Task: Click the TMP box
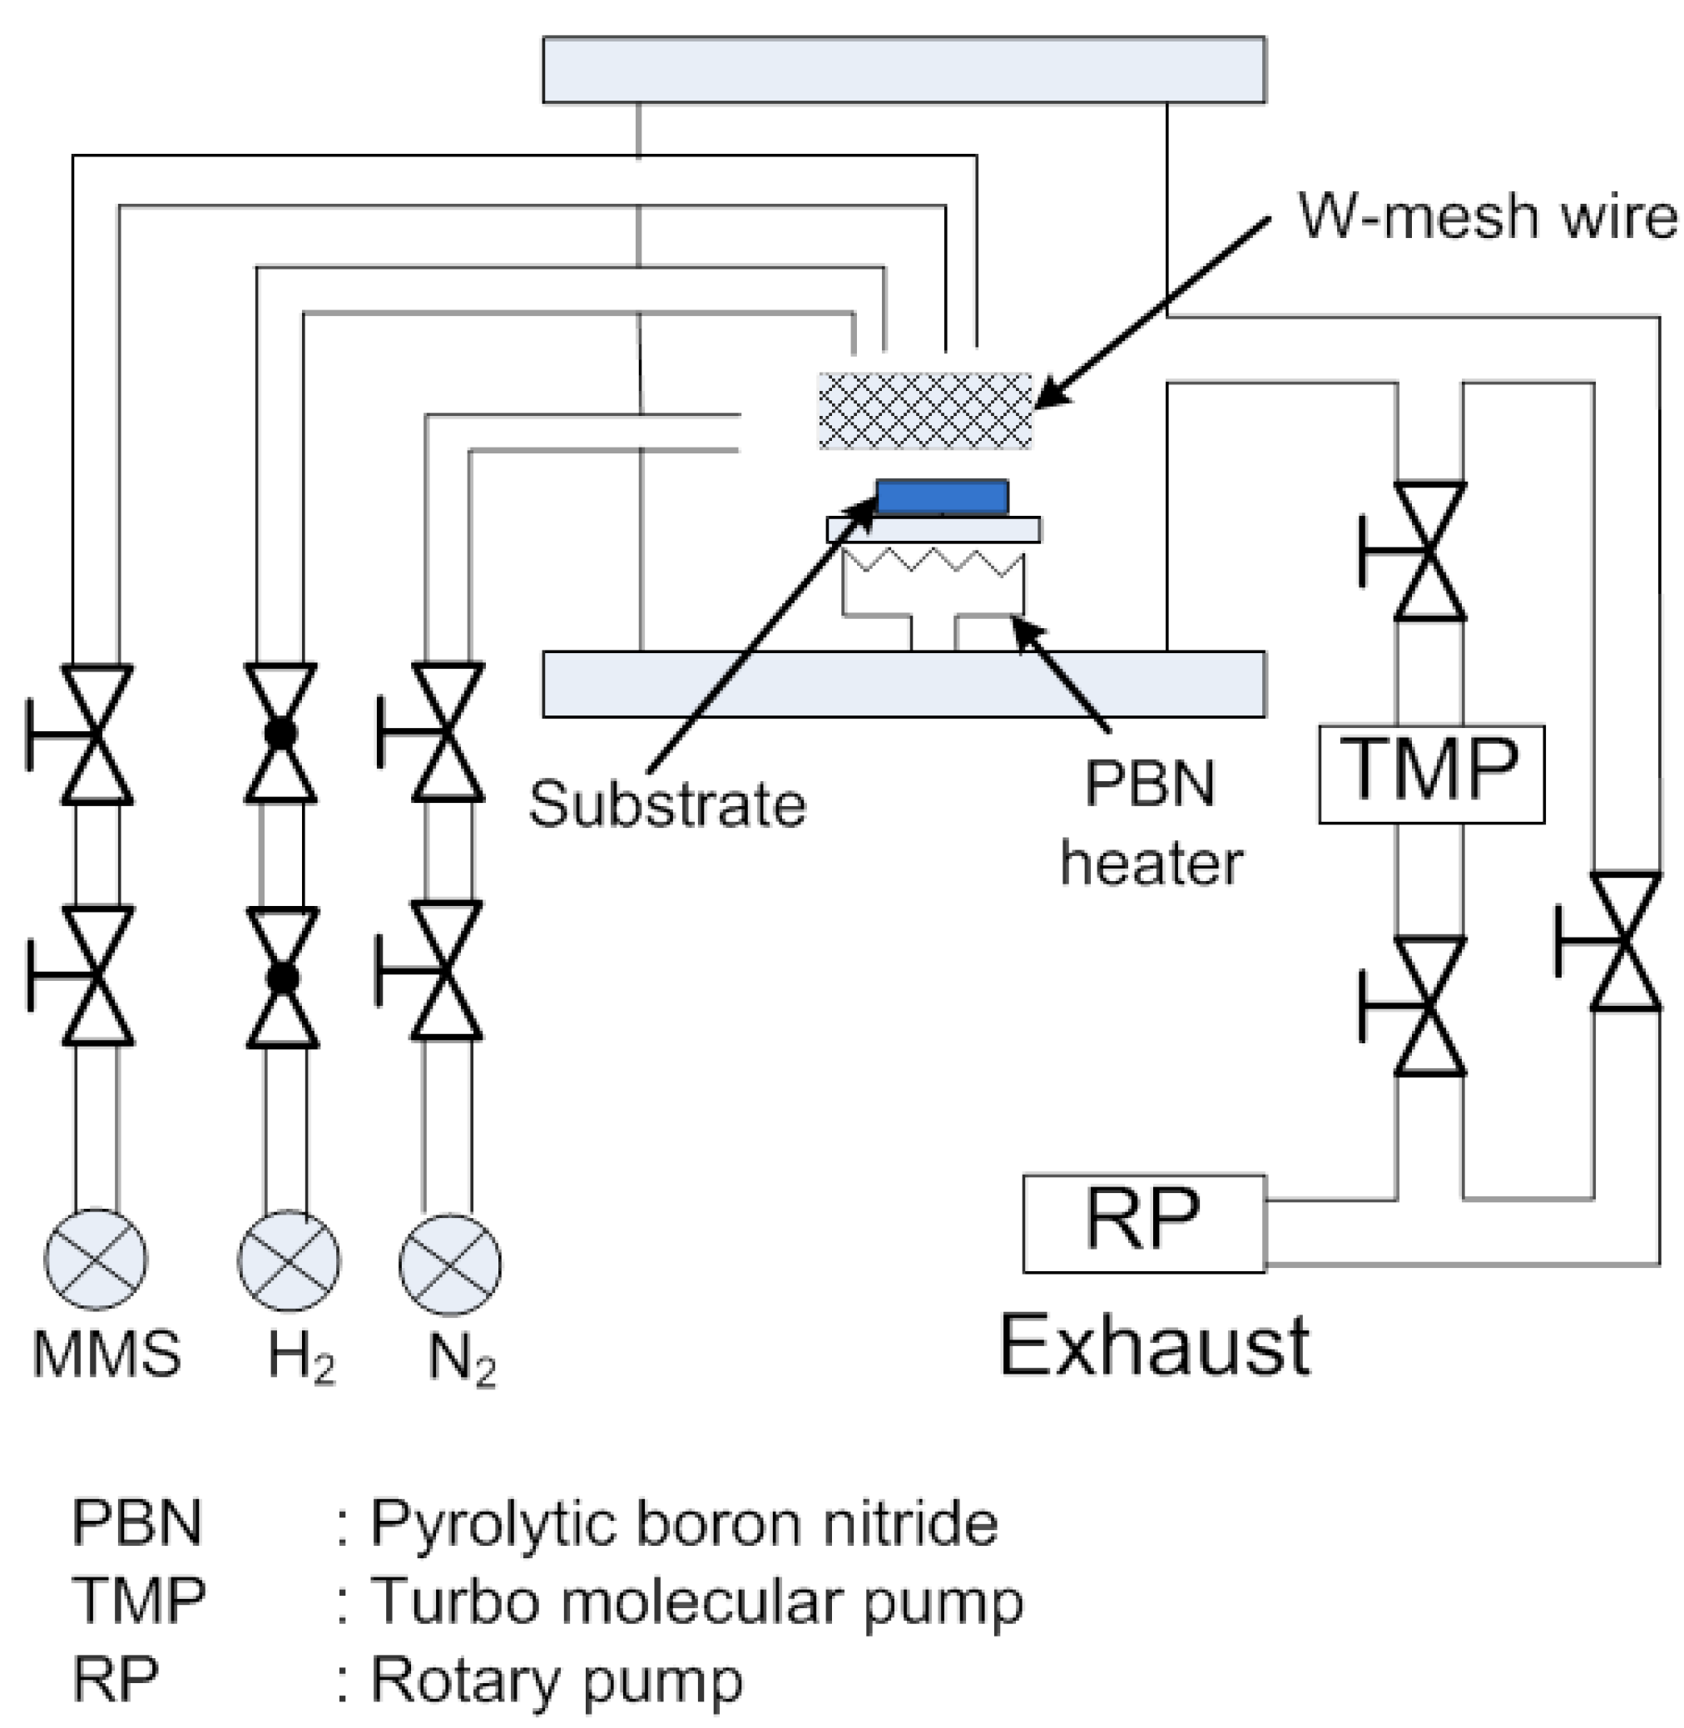pyautogui.click(x=1431, y=774)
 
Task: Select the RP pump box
pyautogui.click(x=1145, y=1223)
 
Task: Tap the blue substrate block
pyautogui.click(x=942, y=496)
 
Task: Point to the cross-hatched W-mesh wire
pyautogui.click(x=925, y=410)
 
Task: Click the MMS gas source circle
pyautogui.click(x=97, y=1259)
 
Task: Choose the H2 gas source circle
pyautogui.click(x=289, y=1261)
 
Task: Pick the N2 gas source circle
pyautogui.click(x=450, y=1265)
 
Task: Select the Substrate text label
pyautogui.click(x=668, y=804)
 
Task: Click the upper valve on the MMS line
pyautogui.click(x=96, y=734)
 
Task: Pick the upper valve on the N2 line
pyautogui.click(x=447, y=732)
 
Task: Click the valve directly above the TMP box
pyautogui.click(x=1429, y=550)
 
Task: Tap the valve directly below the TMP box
pyautogui.click(x=1429, y=1006)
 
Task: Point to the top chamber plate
pyautogui.click(x=904, y=70)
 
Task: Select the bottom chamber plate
pyautogui.click(x=904, y=684)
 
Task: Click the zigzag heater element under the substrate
pyautogui.click(x=933, y=562)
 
